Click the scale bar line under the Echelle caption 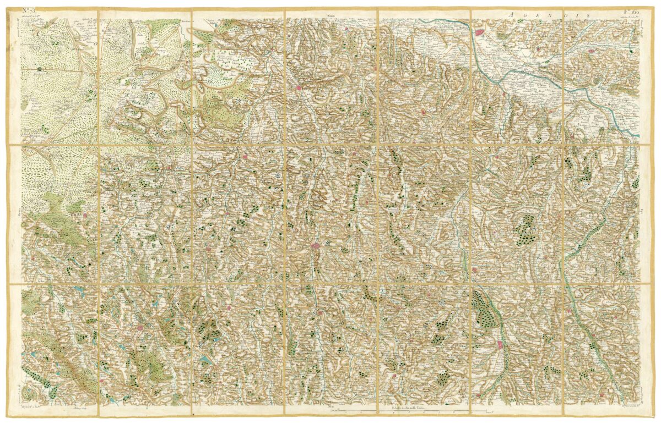tap(419, 412)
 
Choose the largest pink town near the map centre tap(315, 247)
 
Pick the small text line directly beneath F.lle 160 tap(628, 17)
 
